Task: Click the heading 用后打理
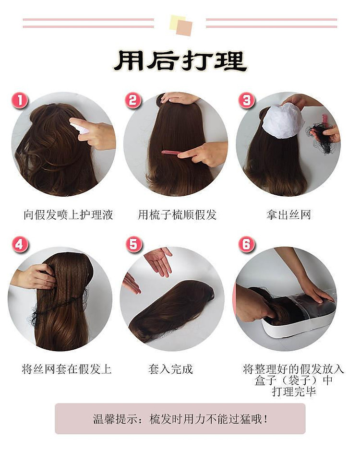tap(180, 61)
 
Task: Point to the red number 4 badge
tap(19, 245)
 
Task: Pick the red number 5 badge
tap(133, 245)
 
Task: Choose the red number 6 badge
tap(247, 245)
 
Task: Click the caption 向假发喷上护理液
tap(68, 214)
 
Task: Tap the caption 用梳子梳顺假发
tap(177, 214)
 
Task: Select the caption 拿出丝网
tap(289, 214)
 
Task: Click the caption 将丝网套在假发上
tap(67, 369)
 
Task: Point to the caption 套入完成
tap(170, 369)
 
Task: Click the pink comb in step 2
tap(171, 153)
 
